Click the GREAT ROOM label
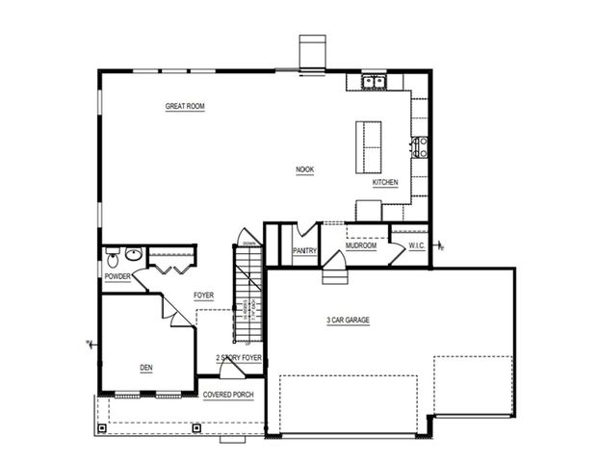pyautogui.click(x=185, y=107)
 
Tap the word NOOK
pyautogui.click(x=304, y=170)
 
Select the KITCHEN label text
pyautogui.click(x=385, y=183)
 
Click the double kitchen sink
pyautogui.click(x=375, y=83)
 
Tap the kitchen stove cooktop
pyautogui.click(x=420, y=147)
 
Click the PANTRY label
pyautogui.click(x=304, y=251)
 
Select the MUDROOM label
pyautogui.click(x=361, y=246)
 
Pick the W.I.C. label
pyautogui.click(x=416, y=246)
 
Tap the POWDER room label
pyautogui.click(x=117, y=277)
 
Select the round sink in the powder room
pyautogui.click(x=134, y=255)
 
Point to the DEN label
pyautogui.click(x=145, y=367)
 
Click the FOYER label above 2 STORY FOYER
pyautogui.click(x=203, y=295)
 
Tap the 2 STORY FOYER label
pyautogui.click(x=238, y=357)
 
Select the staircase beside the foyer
pyautogui.click(x=247, y=294)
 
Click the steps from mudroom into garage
pyautogui.click(x=333, y=276)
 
